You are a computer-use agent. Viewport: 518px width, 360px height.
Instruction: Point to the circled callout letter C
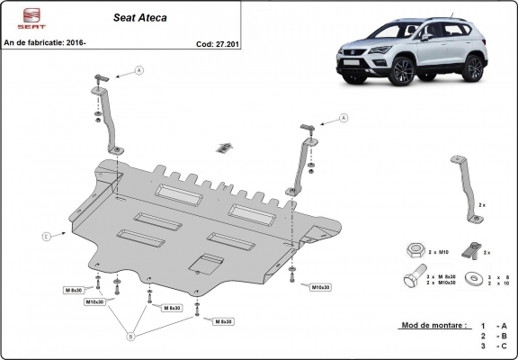[46, 236]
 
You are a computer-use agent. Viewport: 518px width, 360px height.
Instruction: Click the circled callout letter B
[131, 337]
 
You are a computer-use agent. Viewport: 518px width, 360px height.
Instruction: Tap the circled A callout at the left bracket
[138, 70]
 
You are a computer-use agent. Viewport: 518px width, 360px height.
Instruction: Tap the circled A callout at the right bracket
[344, 117]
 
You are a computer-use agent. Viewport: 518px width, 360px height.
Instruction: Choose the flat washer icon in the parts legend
[468, 280]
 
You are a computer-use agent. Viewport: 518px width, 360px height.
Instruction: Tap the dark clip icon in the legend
[468, 249]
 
